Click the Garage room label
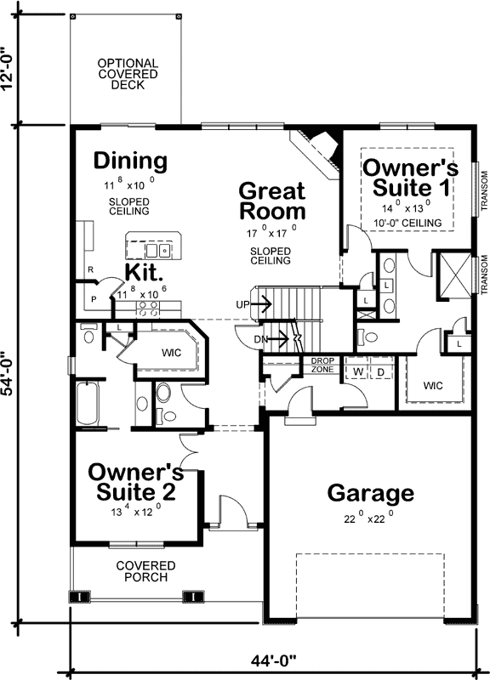370,493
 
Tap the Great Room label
272,201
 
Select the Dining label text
130,161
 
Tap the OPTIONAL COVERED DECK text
127,74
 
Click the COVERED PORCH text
145,571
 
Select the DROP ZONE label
322,365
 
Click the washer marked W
358,371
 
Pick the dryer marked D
381,371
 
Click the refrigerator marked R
89,270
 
